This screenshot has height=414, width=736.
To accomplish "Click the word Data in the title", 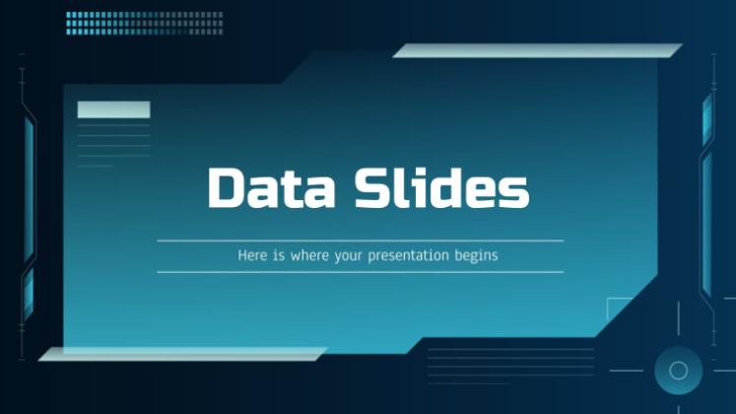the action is click(271, 187).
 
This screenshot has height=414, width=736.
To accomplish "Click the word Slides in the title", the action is click(441, 186).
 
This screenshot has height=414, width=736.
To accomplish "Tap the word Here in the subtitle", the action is click(252, 255).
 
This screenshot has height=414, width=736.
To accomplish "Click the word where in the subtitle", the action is click(309, 255).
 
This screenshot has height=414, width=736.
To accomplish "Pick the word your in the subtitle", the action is click(349, 256).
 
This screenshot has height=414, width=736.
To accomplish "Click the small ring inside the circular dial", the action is click(678, 371).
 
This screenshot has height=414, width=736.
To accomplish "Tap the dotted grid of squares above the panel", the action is click(145, 24).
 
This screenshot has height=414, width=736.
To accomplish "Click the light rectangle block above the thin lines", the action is click(113, 109).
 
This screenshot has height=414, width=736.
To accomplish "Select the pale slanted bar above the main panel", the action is click(537, 50).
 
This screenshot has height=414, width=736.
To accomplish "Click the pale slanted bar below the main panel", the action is click(182, 354).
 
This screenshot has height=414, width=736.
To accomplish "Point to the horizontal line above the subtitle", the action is click(361, 241).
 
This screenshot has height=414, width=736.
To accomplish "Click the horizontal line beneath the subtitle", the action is click(361, 272).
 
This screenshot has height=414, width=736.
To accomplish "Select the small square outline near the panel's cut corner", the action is click(607, 309).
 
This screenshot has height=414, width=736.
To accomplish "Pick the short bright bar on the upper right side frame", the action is click(707, 119).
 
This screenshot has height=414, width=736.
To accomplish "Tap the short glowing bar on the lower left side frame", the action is click(29, 294).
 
